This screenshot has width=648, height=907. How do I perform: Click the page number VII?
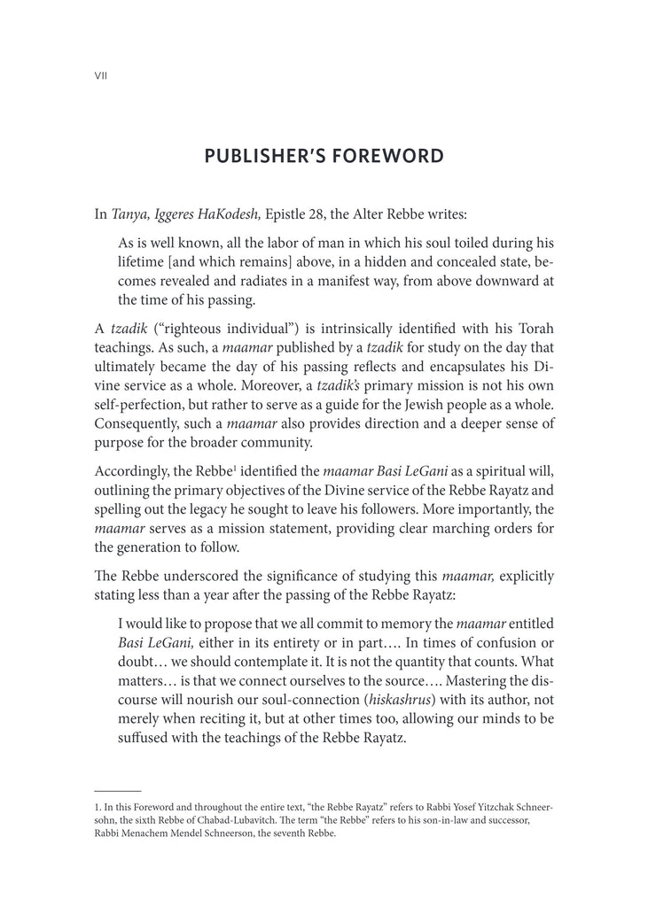tap(100, 77)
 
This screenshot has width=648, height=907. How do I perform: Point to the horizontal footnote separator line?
tap(117, 789)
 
